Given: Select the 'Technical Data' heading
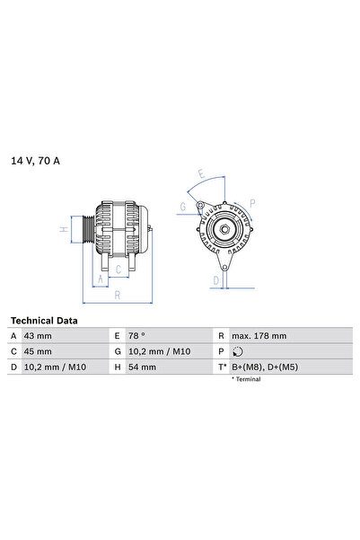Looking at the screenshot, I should (44, 320).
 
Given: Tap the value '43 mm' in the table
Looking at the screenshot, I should (39, 335).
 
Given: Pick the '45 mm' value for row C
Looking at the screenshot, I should (39, 351).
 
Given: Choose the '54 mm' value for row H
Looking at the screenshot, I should (143, 367).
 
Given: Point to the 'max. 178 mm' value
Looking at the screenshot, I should (259, 335).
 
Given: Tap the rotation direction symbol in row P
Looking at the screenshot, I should (237, 351).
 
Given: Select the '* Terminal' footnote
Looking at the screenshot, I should (245, 380).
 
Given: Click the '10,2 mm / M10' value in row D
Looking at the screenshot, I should (54, 367).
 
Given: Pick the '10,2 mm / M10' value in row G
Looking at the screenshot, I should (159, 351).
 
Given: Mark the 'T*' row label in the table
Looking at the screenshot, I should (221, 367).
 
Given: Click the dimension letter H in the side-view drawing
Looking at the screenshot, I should (64, 229).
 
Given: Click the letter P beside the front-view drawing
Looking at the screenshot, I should (252, 203).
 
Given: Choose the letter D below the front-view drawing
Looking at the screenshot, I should (215, 280).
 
